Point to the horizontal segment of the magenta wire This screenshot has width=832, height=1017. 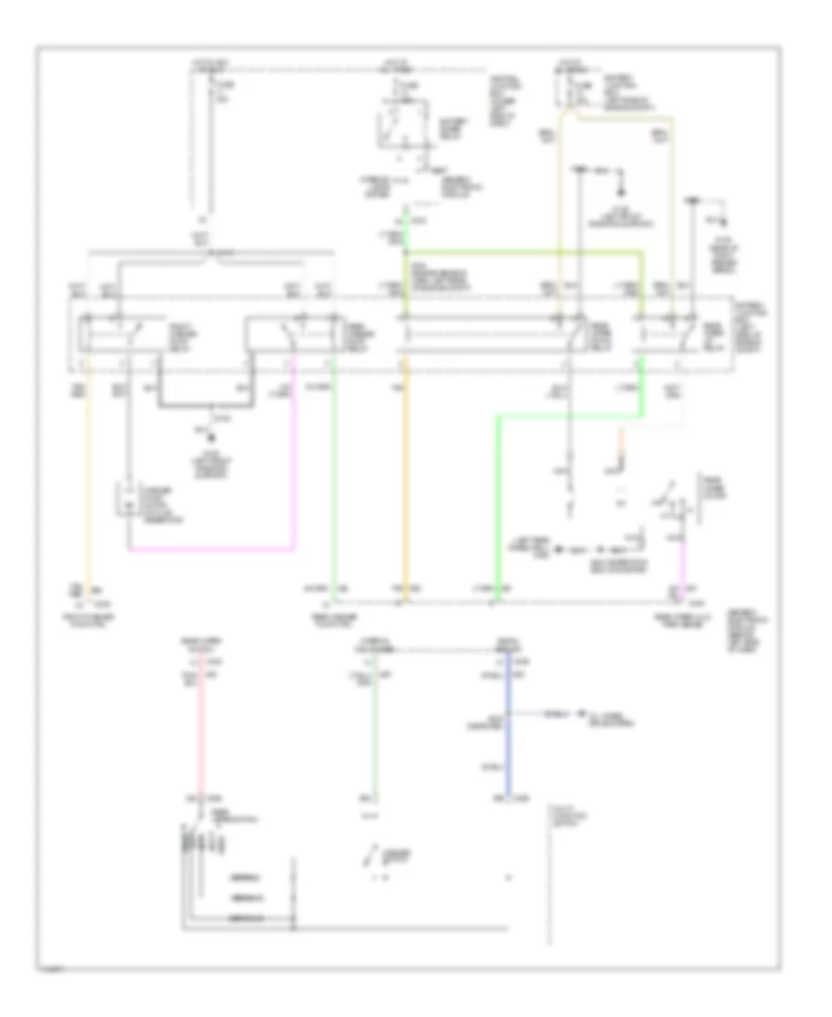[x=213, y=549]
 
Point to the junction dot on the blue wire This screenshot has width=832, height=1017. [x=507, y=714]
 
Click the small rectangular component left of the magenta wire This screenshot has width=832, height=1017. [x=121, y=499]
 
